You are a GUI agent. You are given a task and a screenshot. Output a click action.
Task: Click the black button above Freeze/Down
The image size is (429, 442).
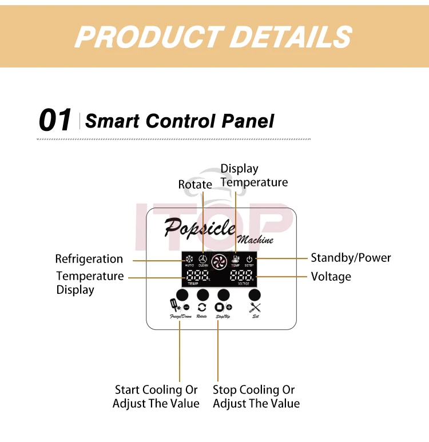pos(182,295)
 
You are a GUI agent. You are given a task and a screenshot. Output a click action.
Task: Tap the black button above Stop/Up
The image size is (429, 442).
pos(224,295)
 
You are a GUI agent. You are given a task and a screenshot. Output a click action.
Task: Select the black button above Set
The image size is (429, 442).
pos(255,295)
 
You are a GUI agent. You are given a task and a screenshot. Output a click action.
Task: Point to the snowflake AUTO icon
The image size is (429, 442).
pos(189,260)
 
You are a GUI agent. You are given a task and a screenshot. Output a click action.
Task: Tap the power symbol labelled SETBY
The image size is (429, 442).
pos(249,260)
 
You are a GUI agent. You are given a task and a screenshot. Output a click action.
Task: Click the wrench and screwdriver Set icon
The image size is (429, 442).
pos(255,308)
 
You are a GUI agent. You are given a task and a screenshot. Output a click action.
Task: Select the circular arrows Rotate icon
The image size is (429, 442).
pos(202,308)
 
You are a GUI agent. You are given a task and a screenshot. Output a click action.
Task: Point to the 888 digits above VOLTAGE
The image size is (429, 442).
pos(242,276)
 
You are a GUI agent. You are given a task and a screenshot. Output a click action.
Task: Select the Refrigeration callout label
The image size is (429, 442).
pos(89,259)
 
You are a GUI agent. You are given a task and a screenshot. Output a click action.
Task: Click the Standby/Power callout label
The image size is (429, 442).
pos(351,258)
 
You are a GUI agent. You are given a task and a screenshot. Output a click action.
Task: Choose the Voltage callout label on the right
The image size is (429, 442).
pos(331,277)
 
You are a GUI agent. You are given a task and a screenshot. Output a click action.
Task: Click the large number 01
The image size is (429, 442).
pos(55,121)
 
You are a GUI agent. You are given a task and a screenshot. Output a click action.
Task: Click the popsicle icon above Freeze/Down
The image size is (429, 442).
pos(173,306)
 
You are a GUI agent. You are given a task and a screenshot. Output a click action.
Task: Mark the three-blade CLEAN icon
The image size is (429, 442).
pos(203,260)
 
